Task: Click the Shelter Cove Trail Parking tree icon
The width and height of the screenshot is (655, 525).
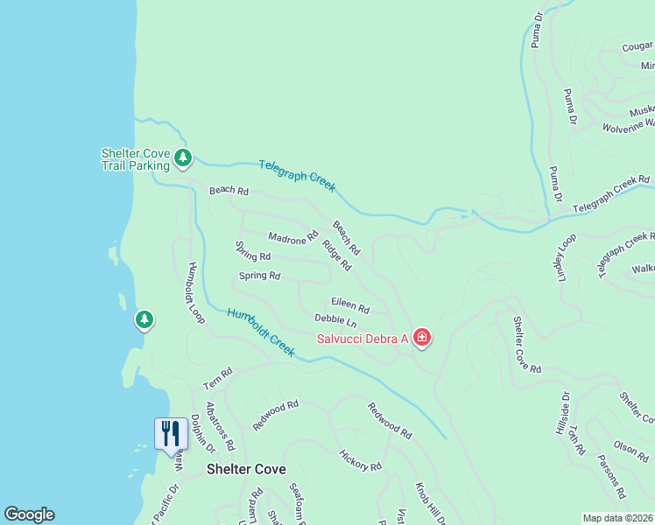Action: click(x=183, y=157)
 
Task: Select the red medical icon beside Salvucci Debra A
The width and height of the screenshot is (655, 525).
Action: click(x=422, y=338)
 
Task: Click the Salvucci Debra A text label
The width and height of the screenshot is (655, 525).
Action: click(x=363, y=339)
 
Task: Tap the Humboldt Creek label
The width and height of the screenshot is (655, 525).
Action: click(x=262, y=330)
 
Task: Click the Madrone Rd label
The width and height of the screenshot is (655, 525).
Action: click(x=293, y=238)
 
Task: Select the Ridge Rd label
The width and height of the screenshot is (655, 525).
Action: click(x=336, y=255)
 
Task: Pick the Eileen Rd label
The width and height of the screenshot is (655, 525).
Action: click(x=350, y=305)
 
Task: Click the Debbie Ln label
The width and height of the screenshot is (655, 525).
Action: click(x=335, y=322)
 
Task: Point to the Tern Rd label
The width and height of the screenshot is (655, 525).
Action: click(x=218, y=378)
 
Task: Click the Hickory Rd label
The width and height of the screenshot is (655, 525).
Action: click(x=360, y=460)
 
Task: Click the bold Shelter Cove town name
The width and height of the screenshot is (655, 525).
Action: click(x=246, y=469)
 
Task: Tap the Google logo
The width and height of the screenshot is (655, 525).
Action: click(x=29, y=514)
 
